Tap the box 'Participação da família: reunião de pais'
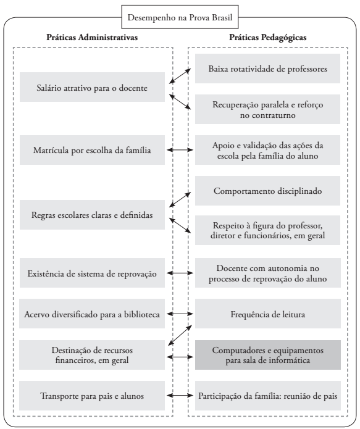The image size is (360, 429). pyautogui.click(x=266, y=396)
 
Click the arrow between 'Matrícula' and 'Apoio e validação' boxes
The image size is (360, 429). pyautogui.click(x=180, y=150)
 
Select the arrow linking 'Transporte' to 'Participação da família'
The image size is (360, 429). pyautogui.click(x=180, y=396)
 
